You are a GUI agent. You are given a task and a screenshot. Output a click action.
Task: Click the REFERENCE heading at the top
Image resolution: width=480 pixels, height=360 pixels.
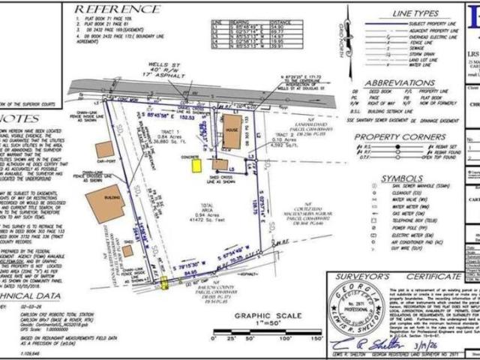[x=118, y=9]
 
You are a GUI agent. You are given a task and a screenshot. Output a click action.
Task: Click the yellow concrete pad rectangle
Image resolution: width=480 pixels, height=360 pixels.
[x=196, y=165]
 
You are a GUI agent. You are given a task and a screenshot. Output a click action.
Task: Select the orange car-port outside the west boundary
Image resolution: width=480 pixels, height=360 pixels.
[x=105, y=149]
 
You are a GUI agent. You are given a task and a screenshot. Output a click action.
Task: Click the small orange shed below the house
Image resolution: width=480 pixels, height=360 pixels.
[x=220, y=163]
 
